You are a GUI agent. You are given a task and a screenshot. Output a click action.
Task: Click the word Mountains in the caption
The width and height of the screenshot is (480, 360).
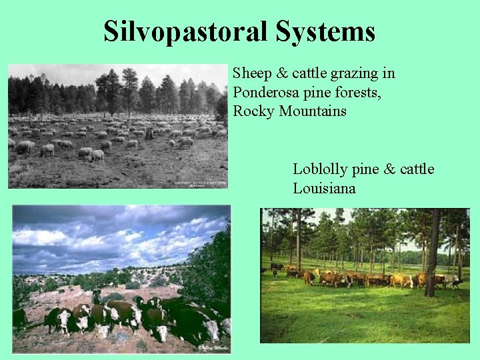point(313,111)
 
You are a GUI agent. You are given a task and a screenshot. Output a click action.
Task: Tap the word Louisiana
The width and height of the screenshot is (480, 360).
point(324,189)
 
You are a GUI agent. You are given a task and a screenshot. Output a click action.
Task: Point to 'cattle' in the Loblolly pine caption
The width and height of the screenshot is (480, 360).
point(417,169)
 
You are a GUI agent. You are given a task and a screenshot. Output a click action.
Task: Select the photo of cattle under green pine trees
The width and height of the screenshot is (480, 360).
point(365,275)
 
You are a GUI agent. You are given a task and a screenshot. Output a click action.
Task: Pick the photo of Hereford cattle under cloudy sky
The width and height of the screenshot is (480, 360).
point(121,279)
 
